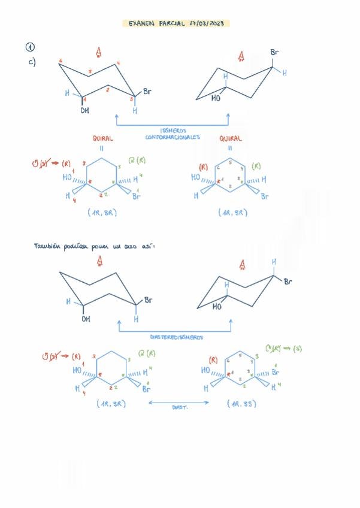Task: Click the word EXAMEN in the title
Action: pos(141,23)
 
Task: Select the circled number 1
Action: pos(29,47)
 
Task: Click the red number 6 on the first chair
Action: pos(61,61)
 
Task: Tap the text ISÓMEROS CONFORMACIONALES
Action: pos(173,133)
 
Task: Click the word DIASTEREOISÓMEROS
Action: pos(176,337)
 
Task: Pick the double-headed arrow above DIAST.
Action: pos(178,403)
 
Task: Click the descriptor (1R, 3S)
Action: pos(241,404)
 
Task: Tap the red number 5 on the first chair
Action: pos(90,74)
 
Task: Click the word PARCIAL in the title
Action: pos(177,23)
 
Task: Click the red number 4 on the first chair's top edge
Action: pos(118,63)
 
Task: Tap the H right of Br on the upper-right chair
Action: pos(285,73)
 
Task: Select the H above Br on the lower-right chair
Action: pos(274,262)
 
